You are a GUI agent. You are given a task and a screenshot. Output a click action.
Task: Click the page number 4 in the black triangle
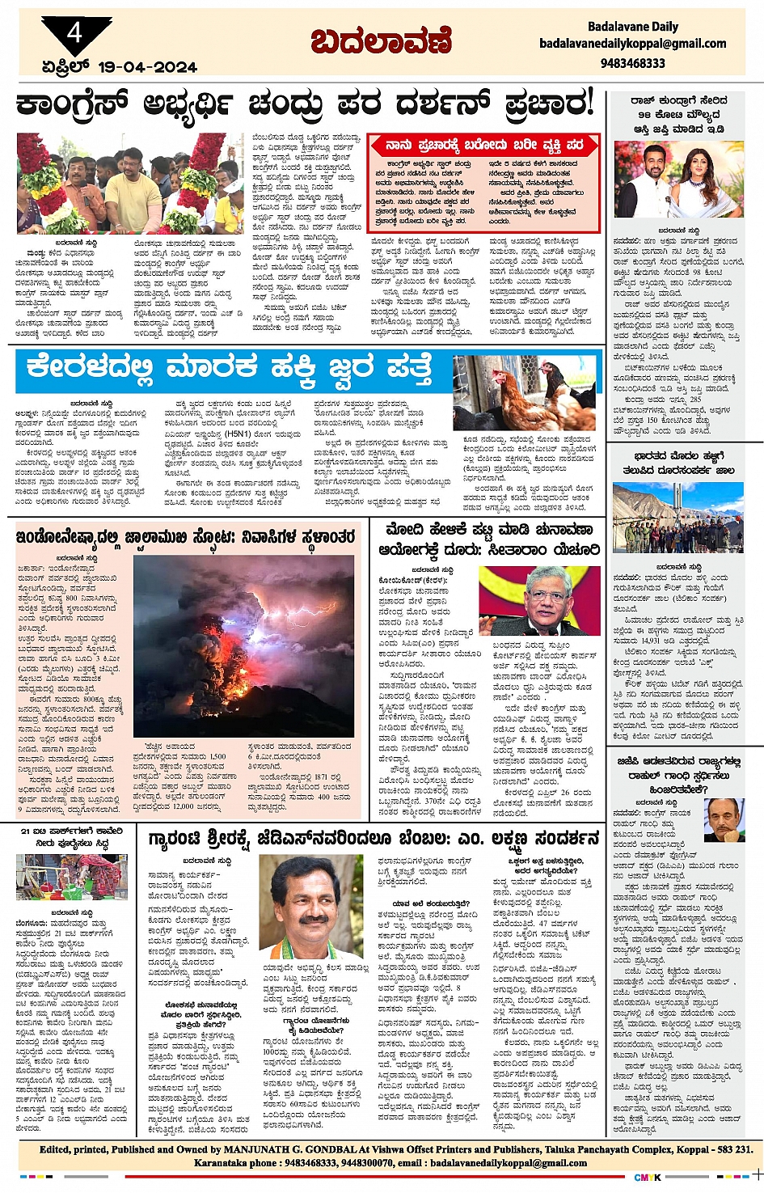75,34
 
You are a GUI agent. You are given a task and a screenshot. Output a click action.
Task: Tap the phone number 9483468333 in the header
632,63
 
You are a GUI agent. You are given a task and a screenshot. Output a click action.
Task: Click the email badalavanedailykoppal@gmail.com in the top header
632,44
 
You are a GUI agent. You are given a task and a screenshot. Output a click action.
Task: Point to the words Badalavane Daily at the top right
632,27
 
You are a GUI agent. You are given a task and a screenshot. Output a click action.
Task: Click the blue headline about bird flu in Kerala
229,368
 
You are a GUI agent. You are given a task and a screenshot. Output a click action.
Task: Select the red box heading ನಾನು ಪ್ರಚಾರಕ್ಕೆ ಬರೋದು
484,146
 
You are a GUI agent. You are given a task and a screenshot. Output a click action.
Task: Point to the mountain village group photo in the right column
677,518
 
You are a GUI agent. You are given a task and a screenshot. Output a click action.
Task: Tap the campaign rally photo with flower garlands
130,184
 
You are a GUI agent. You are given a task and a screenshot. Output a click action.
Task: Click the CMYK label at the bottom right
646,1177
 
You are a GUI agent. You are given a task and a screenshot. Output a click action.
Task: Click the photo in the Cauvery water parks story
71,877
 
